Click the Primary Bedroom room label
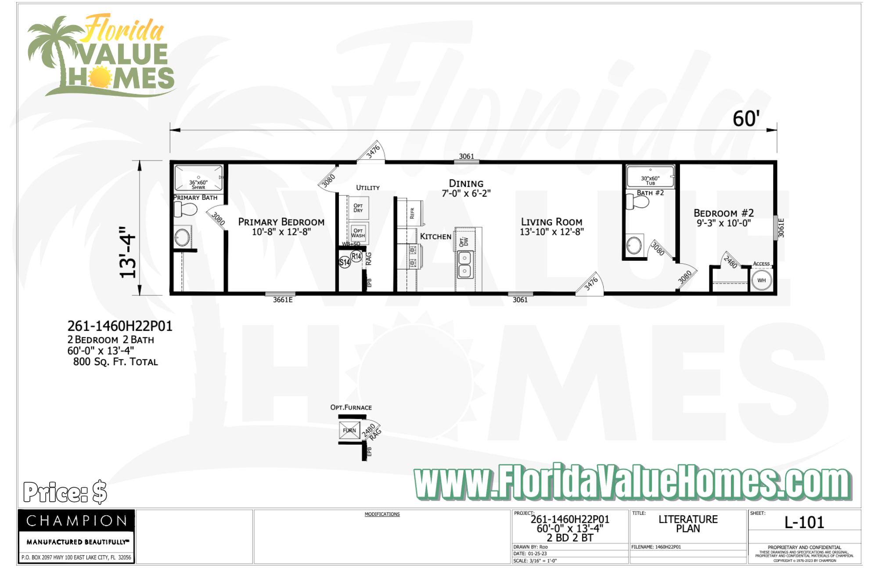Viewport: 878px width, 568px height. [x=281, y=222]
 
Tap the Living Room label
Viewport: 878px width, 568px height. [x=551, y=222]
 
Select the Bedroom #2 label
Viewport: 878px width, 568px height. [x=723, y=213]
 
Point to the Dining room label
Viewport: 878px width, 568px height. [x=466, y=184]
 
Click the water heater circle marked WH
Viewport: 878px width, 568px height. [x=761, y=280]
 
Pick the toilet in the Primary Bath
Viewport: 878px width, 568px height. [x=186, y=209]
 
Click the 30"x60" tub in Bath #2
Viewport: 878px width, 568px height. [x=650, y=177]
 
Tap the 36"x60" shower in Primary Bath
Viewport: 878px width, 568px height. [x=198, y=178]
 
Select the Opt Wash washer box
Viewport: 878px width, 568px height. [x=358, y=233]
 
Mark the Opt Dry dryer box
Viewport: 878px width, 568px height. [x=358, y=208]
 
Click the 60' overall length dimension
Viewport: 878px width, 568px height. [x=746, y=119]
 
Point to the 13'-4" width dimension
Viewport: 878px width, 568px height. [x=128, y=252]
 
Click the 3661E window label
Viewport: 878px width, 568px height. [x=283, y=300]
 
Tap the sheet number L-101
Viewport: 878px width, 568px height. [x=804, y=522]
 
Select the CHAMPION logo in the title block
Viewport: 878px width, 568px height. [x=76, y=521]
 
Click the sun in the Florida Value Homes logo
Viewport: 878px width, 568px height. [x=101, y=77]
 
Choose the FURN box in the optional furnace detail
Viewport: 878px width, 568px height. [x=349, y=430]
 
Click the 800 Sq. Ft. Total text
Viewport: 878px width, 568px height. [x=115, y=362]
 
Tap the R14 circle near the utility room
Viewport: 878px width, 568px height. [x=356, y=256]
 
